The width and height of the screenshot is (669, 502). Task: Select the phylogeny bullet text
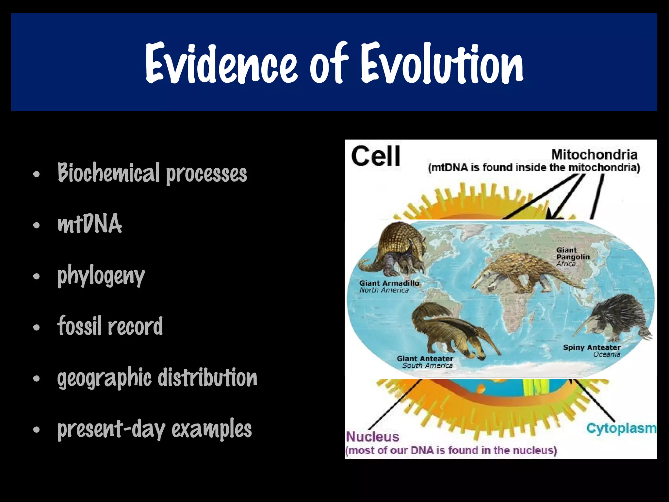[x=101, y=276]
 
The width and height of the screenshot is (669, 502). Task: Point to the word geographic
[x=104, y=378]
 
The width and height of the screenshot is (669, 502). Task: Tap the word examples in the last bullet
[x=211, y=429]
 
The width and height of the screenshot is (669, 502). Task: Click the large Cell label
[x=375, y=156]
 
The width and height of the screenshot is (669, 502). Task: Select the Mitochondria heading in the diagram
[x=594, y=154]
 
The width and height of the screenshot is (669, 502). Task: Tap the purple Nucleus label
[x=372, y=437]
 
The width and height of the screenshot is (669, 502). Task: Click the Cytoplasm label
[x=621, y=428]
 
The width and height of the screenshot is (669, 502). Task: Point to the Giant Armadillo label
[x=389, y=283]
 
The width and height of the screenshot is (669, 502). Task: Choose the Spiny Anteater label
[x=592, y=348]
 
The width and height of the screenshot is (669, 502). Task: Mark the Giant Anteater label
[x=425, y=359]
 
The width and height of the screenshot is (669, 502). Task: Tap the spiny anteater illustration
[x=617, y=317]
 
